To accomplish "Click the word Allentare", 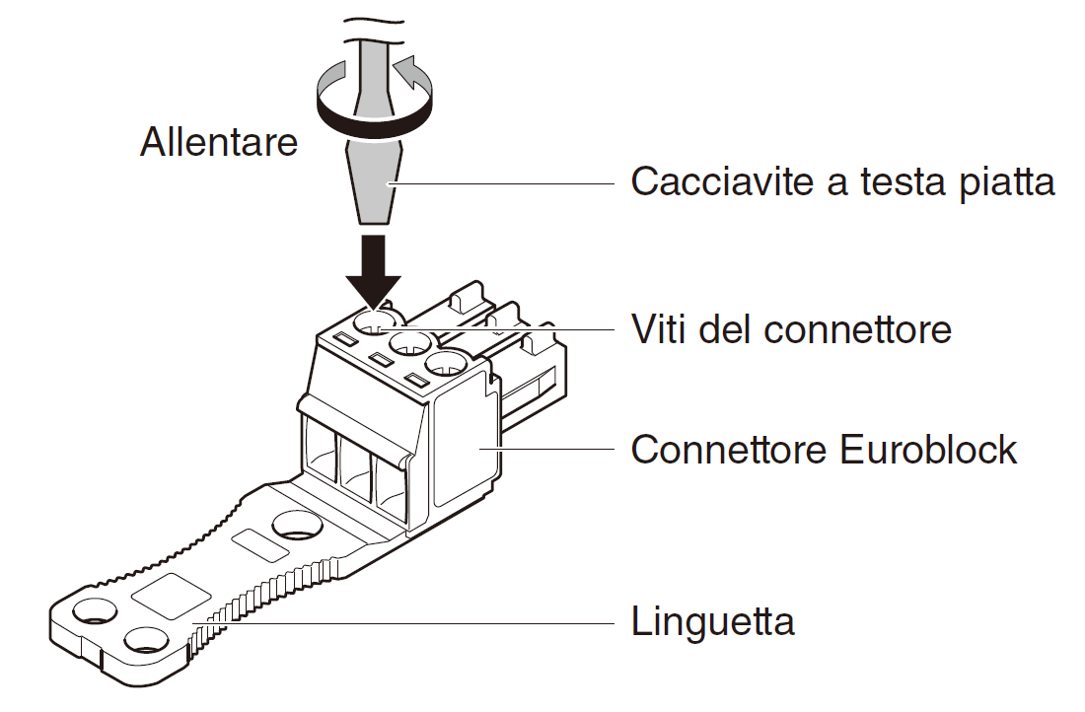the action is coord(219,142).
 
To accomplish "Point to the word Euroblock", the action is coord(928,449).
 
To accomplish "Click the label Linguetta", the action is coord(713,620).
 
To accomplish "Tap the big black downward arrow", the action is coord(374,271).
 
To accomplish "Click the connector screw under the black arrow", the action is coord(377,321).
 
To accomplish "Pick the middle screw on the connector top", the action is coord(411,342).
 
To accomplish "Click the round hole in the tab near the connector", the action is coord(297,525).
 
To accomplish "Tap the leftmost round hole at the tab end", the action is coord(95,611).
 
